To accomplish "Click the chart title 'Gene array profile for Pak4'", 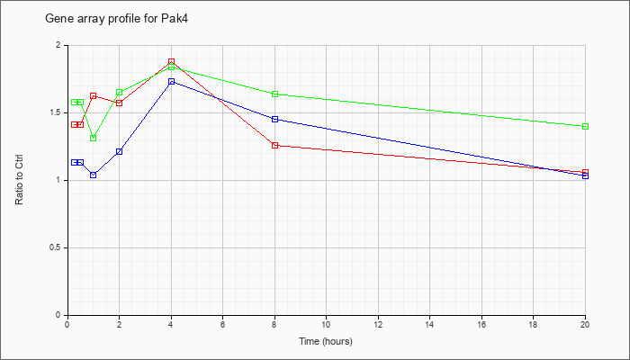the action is click(x=116, y=19).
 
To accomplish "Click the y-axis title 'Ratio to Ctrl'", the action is click(x=19, y=180).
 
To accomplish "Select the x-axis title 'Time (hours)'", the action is click(x=326, y=341).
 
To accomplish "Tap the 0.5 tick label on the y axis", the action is click(x=58, y=247).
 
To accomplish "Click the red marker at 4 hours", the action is click(x=172, y=61).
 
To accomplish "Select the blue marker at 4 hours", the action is click(x=172, y=82).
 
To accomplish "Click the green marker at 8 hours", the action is click(x=275, y=94).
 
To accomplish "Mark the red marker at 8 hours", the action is click(x=275, y=146).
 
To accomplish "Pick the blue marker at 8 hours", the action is click(x=275, y=120).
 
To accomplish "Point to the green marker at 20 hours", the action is click(x=585, y=127).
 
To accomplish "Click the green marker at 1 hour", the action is click(x=94, y=139).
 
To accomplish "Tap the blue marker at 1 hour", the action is click(x=94, y=175).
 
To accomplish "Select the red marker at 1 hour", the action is click(x=94, y=96).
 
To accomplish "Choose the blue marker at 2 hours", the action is click(x=120, y=151).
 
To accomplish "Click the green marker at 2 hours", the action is click(x=120, y=93).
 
